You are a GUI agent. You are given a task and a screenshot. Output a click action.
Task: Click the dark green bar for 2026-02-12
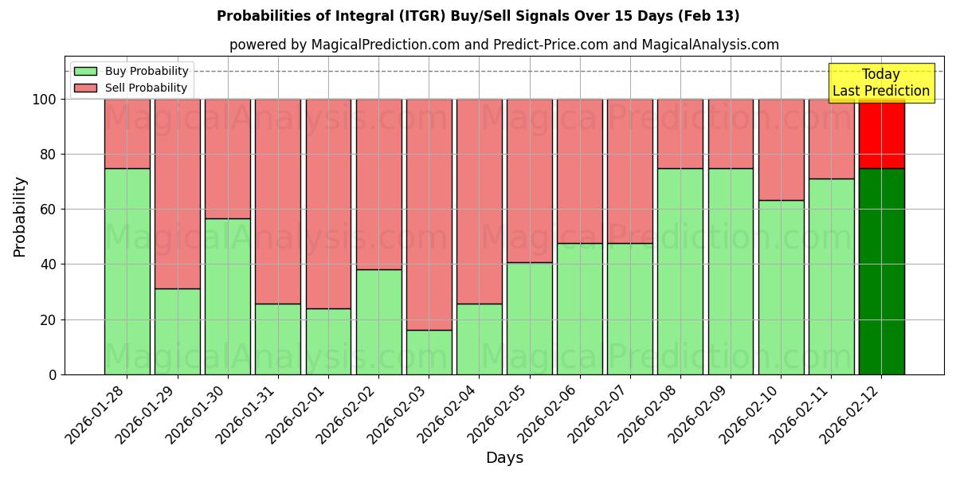tap(881, 271)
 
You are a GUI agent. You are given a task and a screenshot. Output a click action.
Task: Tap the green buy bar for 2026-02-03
tap(429, 352)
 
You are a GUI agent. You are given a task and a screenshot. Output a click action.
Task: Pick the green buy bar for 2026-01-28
tap(127, 271)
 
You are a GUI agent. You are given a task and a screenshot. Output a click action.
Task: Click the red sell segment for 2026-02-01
tap(328, 203)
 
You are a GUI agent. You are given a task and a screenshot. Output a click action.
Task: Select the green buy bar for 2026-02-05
tap(529, 318)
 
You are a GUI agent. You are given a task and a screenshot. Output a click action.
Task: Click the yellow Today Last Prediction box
tap(880, 83)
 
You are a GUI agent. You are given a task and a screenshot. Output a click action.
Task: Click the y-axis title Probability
tap(21, 216)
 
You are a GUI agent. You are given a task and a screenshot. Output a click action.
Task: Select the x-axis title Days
tap(504, 458)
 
